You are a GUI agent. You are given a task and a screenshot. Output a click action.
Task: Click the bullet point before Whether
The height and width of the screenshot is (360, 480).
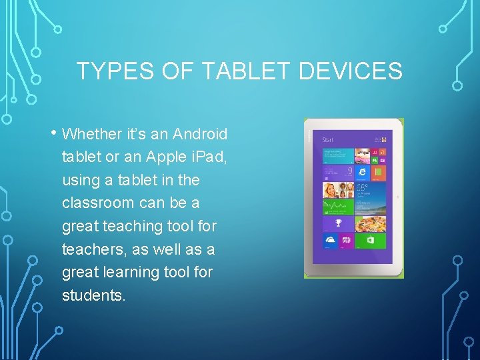[53, 132]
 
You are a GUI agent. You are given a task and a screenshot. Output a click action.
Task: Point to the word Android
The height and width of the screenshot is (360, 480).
[200, 135]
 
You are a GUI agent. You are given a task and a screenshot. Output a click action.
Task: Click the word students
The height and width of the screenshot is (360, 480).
[93, 295]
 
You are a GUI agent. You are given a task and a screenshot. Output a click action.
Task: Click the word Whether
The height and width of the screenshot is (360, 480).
[92, 135]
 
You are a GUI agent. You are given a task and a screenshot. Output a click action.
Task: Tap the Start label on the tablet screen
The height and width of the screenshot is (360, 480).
[328, 140]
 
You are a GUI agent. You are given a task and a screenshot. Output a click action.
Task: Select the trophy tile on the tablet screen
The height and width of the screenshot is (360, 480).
[338, 223]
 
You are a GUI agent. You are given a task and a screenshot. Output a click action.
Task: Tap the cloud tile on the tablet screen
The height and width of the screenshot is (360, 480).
[330, 240]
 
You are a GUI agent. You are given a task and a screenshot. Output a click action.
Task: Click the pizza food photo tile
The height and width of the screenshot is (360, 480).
[371, 223]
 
